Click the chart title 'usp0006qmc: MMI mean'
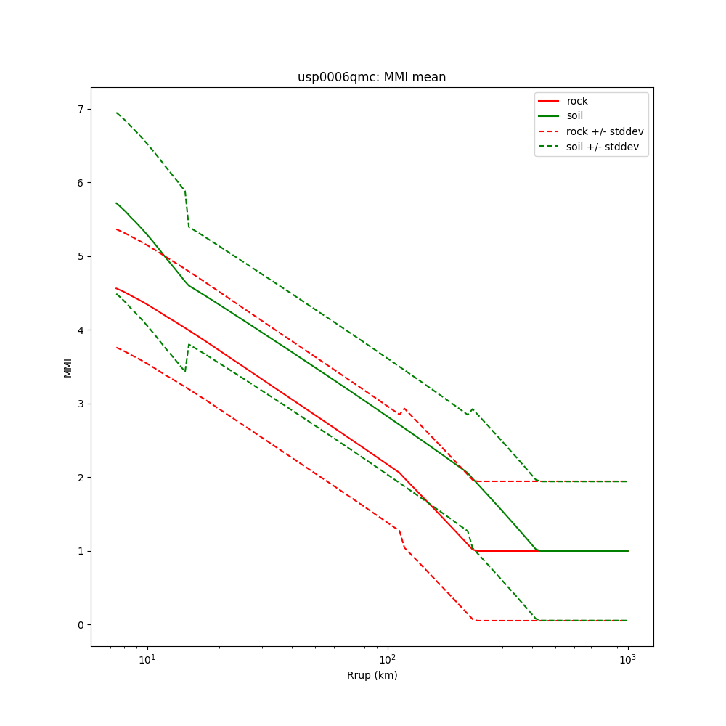click(372, 77)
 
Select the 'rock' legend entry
click(577, 101)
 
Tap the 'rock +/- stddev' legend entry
click(605, 131)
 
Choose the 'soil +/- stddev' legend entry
click(605, 147)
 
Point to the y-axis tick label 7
click(81, 109)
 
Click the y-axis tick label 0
click(81, 624)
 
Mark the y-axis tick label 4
click(81, 330)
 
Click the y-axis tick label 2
click(81, 477)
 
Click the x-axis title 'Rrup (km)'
click(372, 675)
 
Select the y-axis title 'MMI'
click(68, 367)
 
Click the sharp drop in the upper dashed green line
click(187, 209)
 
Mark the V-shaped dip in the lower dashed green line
click(185, 370)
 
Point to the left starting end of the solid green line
click(116, 203)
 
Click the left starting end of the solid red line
click(116, 288)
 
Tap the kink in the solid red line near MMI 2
click(399, 473)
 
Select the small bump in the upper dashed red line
click(404, 409)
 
